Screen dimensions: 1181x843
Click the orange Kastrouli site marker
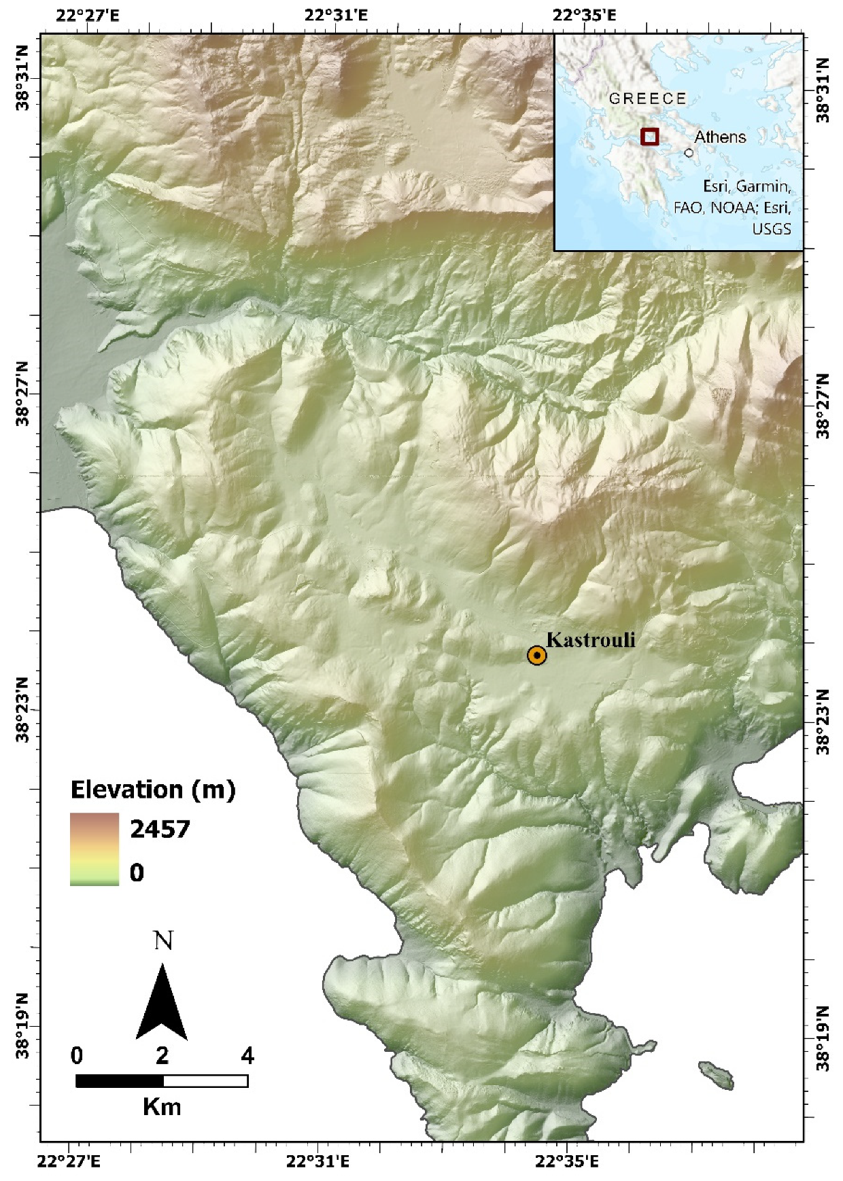(537, 655)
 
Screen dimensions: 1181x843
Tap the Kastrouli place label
(591, 639)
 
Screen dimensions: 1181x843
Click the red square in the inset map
(650, 137)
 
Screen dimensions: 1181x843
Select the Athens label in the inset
(720, 137)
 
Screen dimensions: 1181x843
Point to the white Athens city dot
(689, 153)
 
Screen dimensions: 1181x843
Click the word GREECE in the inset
(647, 99)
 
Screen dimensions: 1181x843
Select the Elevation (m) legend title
(153, 790)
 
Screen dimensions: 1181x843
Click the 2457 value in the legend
(160, 829)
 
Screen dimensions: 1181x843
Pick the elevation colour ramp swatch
(94, 849)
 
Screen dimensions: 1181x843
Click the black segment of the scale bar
(120, 1081)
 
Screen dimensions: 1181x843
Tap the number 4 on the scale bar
(247, 1056)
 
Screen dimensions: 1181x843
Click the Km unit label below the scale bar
(162, 1108)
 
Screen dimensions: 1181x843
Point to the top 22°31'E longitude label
(336, 15)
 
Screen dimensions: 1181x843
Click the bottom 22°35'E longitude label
(566, 1162)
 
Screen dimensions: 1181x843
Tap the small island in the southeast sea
(717, 1074)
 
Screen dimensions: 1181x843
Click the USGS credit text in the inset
(772, 229)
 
